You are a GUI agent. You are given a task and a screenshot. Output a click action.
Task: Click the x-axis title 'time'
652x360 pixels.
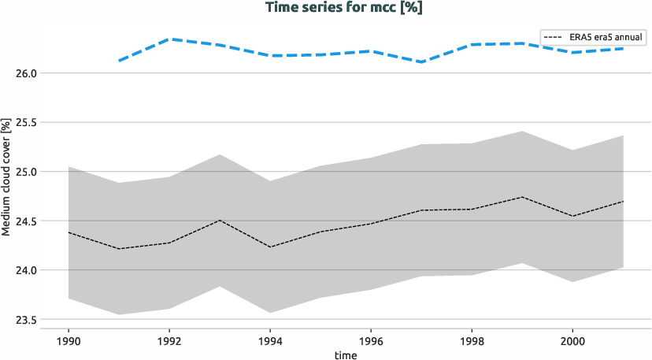(x=346, y=355)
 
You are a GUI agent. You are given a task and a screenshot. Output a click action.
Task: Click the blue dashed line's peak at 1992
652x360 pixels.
(x=169, y=39)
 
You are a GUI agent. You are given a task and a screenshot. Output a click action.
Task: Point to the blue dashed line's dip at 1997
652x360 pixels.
(x=421, y=61)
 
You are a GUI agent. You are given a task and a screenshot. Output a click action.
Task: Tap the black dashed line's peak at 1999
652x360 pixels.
(x=522, y=197)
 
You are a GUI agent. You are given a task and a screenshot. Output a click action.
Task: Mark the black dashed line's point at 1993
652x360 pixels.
(x=220, y=221)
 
